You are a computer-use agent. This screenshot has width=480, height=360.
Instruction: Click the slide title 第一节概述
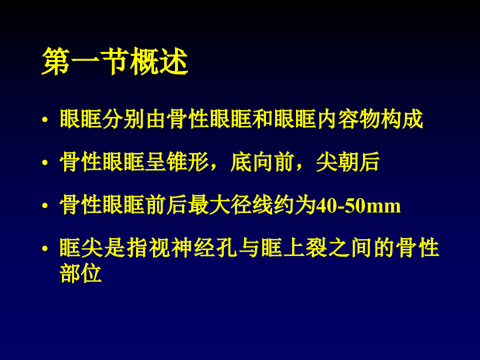(114, 62)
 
